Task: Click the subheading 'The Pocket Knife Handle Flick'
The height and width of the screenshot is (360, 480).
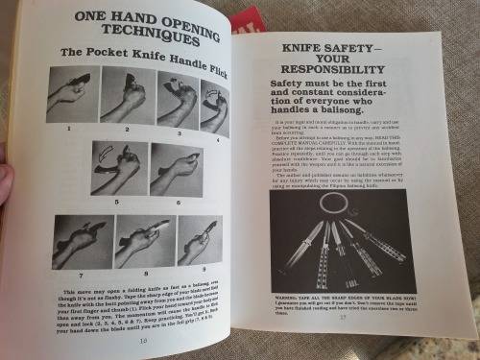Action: (x=142, y=57)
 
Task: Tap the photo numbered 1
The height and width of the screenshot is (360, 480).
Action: (x=72, y=94)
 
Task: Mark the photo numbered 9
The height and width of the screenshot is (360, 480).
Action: (x=199, y=240)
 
